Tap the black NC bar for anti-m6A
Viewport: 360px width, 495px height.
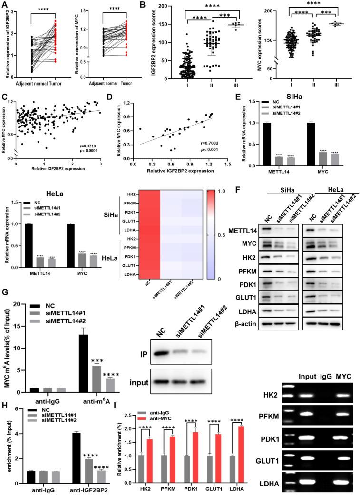pyautogui.click(x=83, y=362)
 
